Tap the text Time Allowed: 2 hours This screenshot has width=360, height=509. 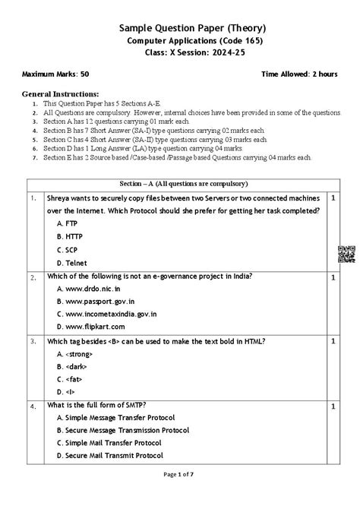[x=299, y=74]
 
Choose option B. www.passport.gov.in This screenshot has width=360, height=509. [x=102, y=302]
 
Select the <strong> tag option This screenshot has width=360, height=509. [x=76, y=354]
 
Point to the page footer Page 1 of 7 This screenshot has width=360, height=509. [x=179, y=495]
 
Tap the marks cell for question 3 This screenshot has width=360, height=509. [x=333, y=342]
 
